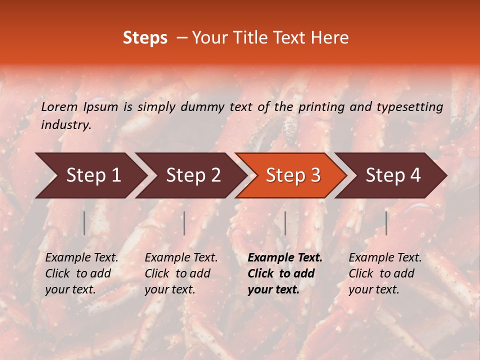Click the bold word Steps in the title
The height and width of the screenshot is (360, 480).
click(145, 38)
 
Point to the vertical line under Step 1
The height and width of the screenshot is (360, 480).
click(84, 223)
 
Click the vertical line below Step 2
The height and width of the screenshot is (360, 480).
click(184, 223)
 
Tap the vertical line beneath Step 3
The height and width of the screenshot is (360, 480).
click(285, 223)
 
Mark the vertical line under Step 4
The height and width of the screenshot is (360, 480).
click(386, 223)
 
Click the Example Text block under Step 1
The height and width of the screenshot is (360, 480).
click(81, 273)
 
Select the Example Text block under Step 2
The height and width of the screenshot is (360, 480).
click(181, 273)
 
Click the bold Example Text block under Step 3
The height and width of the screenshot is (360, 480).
click(284, 273)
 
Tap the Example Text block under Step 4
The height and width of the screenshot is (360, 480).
click(385, 273)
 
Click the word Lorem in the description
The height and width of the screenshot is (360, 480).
click(59, 106)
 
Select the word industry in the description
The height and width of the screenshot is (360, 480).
click(65, 125)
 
